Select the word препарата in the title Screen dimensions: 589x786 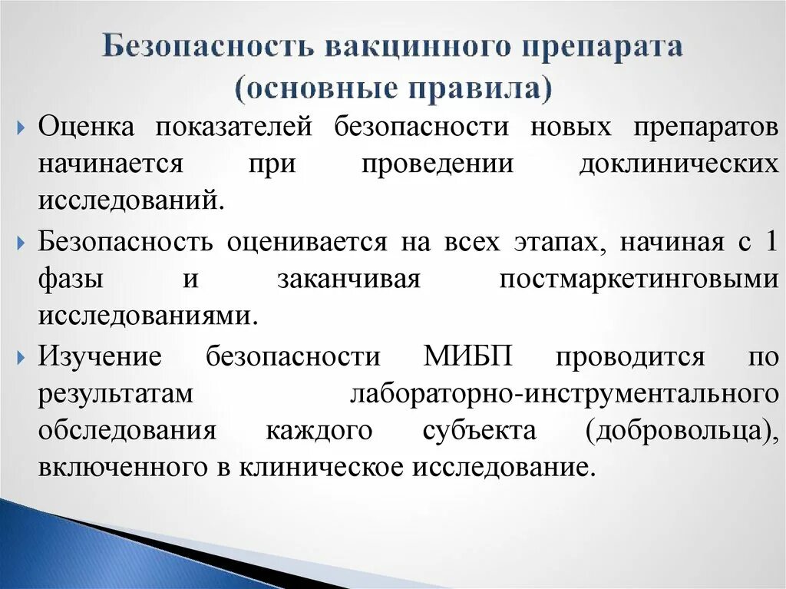[x=602, y=48]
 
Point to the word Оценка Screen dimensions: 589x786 [x=87, y=127]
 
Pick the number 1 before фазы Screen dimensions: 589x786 [x=771, y=243]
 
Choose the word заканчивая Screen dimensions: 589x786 [x=348, y=280]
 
